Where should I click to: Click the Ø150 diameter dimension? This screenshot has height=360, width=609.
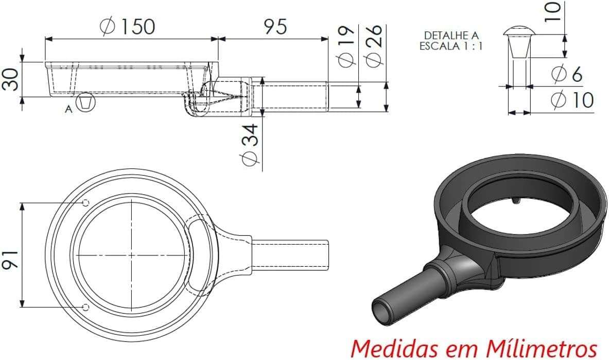pos(128,26)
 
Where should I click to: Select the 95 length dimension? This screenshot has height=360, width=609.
pos(275,26)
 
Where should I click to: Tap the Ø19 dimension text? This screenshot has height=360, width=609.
pos(347,45)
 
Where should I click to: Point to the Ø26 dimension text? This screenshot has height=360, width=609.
pos(375,45)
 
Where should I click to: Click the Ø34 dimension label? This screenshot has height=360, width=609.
pos(250,146)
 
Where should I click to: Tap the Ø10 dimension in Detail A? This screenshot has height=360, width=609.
pos(572,100)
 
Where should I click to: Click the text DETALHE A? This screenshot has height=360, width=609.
pos(451,35)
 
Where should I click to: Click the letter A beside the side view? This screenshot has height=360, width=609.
pos(68,109)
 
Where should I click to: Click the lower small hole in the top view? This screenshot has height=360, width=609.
pos(86,307)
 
